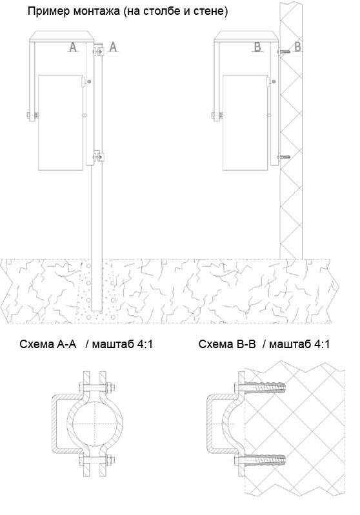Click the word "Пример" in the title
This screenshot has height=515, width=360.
click(49, 12)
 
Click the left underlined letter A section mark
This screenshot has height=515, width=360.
click(73, 47)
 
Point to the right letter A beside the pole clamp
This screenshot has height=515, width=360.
click(113, 47)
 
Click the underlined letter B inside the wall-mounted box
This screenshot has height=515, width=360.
click(257, 47)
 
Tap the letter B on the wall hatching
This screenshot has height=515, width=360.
click(297, 46)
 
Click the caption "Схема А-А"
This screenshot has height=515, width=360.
click(48, 344)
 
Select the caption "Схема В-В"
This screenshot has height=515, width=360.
click(227, 344)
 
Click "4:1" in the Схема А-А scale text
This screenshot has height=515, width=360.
click(144, 344)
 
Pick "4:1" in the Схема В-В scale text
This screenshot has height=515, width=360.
click(321, 344)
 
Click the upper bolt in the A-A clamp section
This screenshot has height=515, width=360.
click(96, 387)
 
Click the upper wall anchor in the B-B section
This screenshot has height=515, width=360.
click(260, 387)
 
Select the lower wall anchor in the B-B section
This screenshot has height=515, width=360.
click(260, 460)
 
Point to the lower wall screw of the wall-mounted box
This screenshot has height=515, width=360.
click(283, 157)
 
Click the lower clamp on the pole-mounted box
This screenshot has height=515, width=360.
click(98, 157)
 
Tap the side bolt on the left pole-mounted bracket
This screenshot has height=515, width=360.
click(32, 115)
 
